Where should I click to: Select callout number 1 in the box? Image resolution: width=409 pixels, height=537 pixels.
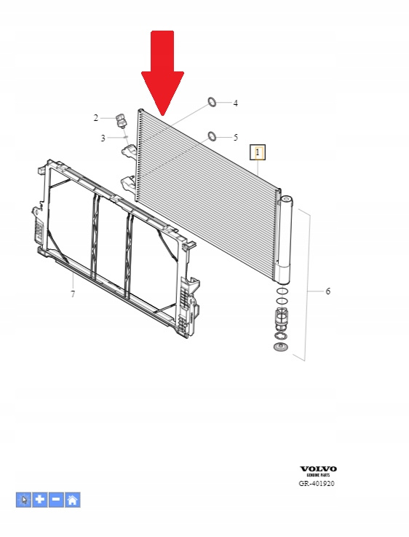tap(258, 152)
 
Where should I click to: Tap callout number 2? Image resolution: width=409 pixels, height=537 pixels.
tap(96, 118)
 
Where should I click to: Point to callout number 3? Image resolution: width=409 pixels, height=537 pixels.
tap(103, 138)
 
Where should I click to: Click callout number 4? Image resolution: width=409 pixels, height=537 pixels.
tap(236, 103)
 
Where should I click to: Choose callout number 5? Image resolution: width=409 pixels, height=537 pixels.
tap(236, 137)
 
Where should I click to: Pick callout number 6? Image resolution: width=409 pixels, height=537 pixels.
tap(328, 291)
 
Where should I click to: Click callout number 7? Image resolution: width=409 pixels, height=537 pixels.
tap(73, 294)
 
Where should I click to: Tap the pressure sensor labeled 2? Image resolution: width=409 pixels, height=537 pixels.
tap(121, 120)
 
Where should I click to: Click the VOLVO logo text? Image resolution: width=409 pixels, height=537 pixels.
tap(318, 469)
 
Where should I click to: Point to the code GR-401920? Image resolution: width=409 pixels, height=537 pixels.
tap(317, 484)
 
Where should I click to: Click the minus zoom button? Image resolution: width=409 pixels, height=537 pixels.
tap(56, 500)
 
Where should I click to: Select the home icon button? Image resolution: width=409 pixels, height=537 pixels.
tap(73, 500)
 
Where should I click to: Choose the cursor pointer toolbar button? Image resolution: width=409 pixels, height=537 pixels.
tap(23, 500)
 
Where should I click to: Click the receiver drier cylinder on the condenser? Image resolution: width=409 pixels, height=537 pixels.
tap(285, 240)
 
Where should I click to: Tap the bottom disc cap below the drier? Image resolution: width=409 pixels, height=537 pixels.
tap(281, 348)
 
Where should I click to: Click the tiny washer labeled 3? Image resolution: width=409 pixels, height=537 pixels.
tap(125, 137)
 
